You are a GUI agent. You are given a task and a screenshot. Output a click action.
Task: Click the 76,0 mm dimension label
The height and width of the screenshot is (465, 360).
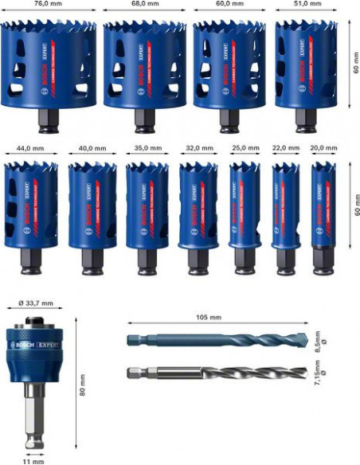(x=49, y=5)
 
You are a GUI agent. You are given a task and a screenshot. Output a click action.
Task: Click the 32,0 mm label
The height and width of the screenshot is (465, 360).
(x=195, y=148)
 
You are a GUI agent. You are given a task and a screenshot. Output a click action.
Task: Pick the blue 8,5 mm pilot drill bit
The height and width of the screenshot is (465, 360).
(x=215, y=340)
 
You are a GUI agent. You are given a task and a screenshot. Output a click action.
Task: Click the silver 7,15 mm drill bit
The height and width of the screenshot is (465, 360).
(x=215, y=372)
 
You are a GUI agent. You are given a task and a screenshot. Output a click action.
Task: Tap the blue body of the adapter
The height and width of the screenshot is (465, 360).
(x=33, y=358)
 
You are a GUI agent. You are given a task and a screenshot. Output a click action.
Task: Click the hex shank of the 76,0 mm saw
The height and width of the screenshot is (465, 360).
(x=49, y=120)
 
